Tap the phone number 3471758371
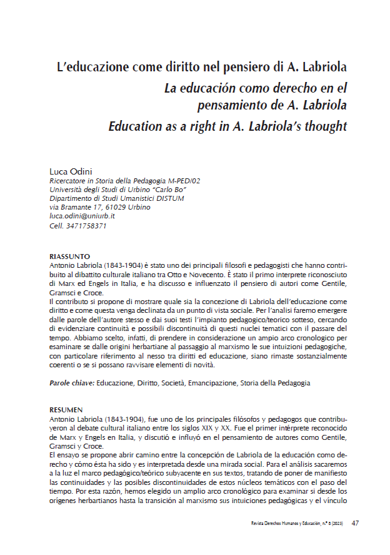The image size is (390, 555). pyautogui.click(x=86, y=225)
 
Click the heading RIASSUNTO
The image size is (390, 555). pyautogui.click(x=69, y=257)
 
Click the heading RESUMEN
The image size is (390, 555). pyautogui.click(x=66, y=410)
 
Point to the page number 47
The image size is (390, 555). pyautogui.click(x=356, y=522)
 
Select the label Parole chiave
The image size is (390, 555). pyautogui.click(x=71, y=382)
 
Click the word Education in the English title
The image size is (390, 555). pyautogui.click(x=135, y=126)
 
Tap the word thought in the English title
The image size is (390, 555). pyautogui.click(x=324, y=126)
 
